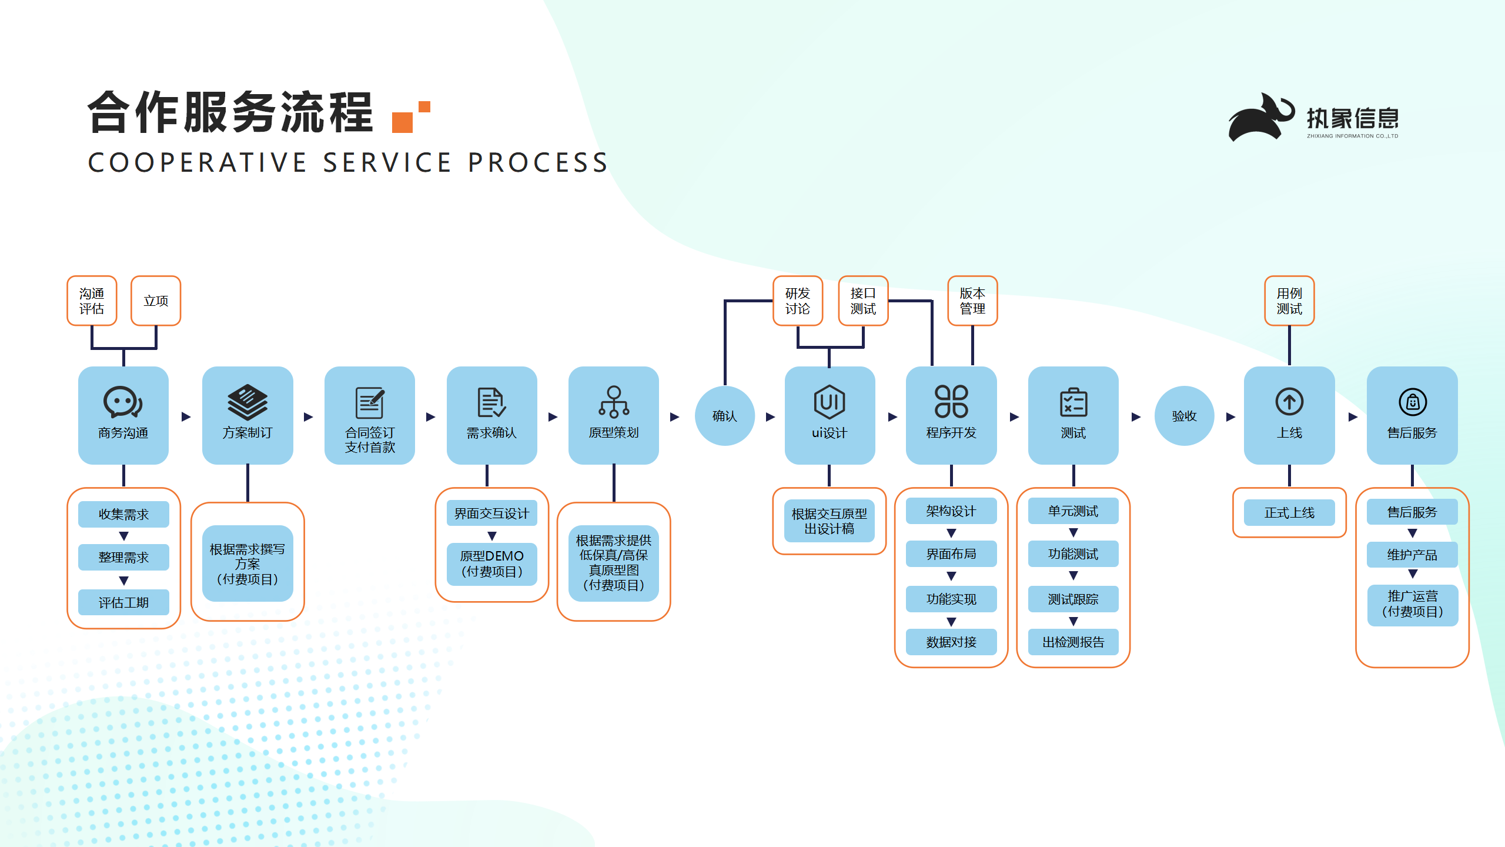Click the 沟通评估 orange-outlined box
92,301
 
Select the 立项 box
156,301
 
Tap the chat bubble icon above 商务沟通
123,402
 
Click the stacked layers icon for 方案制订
248,402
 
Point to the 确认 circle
724,416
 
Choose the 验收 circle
1184,416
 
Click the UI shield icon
830,402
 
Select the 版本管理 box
972,301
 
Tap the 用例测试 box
1289,301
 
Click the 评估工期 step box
123,602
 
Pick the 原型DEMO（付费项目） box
492,564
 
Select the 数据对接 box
951,642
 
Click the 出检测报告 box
1073,642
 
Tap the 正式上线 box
1289,512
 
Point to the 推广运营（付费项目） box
1412,605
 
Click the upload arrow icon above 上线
1289,402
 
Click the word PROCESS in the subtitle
538,162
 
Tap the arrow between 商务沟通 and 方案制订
186,416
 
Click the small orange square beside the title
424,106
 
